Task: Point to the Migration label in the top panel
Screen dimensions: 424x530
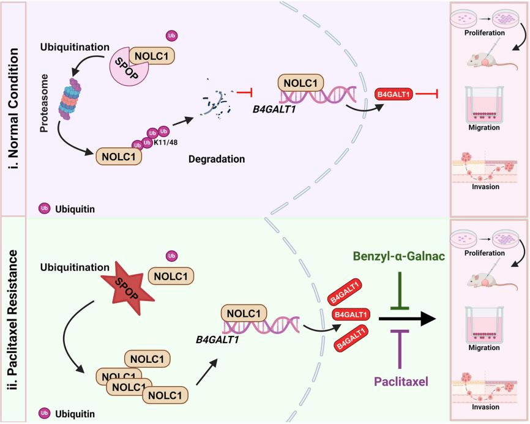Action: tap(483, 127)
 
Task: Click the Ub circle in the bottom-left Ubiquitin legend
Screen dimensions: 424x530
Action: tap(44, 412)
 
